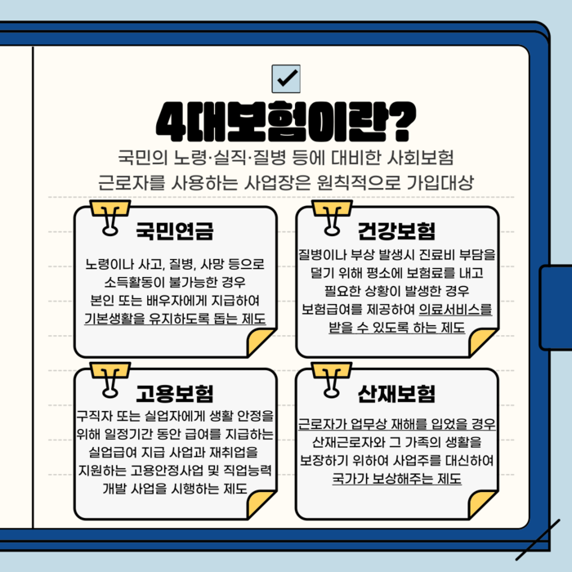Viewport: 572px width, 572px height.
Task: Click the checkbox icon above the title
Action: pyautogui.click(x=286, y=78)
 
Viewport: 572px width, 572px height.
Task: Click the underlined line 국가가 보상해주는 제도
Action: pyautogui.click(x=397, y=478)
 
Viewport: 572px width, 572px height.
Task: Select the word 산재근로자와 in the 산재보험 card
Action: pyautogui.click(x=341, y=442)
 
